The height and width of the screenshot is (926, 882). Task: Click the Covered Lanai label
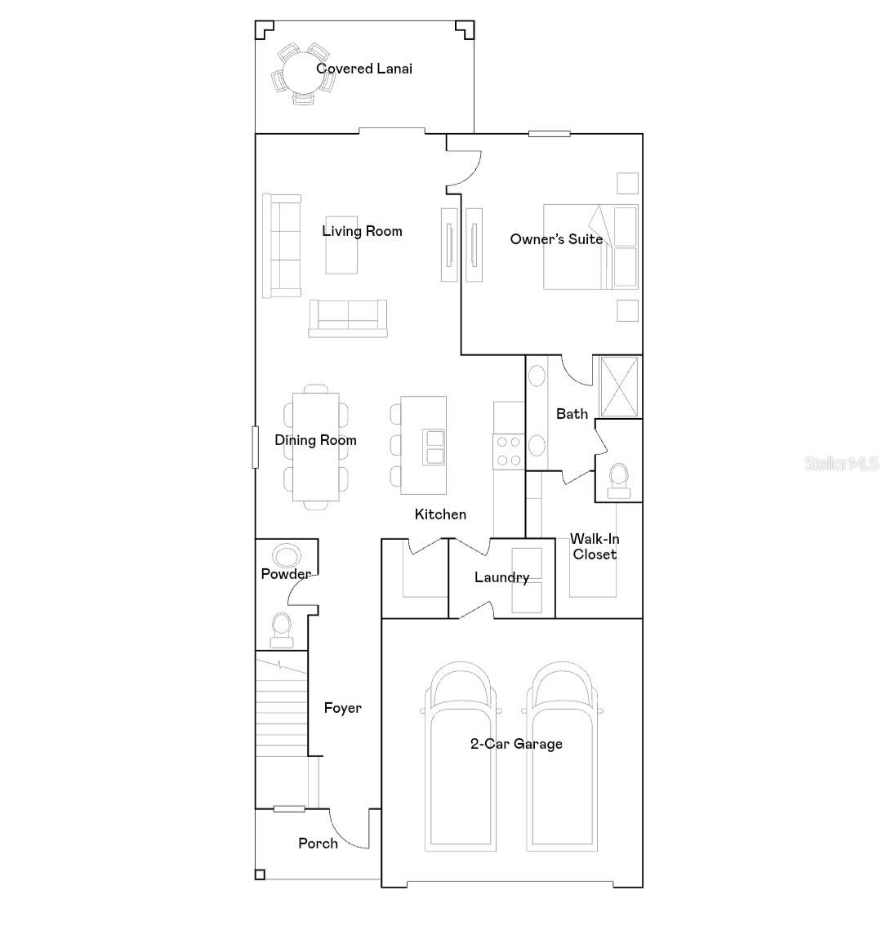pyautogui.click(x=364, y=69)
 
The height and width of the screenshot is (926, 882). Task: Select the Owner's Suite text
pyautogui.click(x=556, y=239)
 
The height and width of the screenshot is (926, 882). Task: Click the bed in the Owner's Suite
pyautogui.click(x=590, y=247)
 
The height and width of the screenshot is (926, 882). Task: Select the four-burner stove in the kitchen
pyautogui.click(x=509, y=452)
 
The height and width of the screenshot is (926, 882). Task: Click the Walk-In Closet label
pyautogui.click(x=594, y=546)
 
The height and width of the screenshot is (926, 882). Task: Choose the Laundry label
pyautogui.click(x=501, y=577)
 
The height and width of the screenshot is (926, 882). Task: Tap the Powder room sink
pyautogui.click(x=287, y=556)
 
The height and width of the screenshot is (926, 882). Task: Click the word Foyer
pyautogui.click(x=342, y=708)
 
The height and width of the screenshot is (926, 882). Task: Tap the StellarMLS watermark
pyautogui.click(x=841, y=464)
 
